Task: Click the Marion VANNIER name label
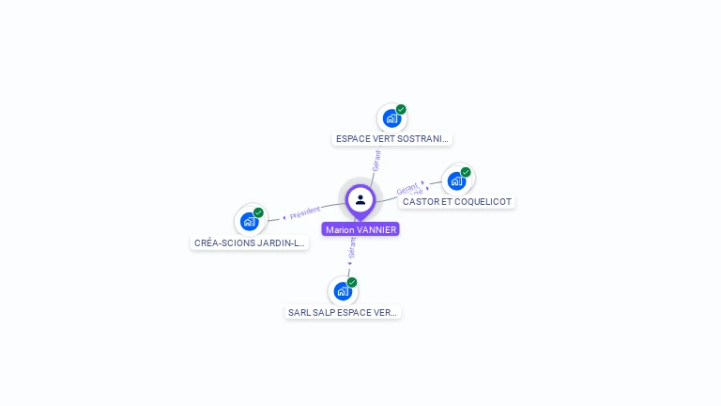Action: tap(360, 229)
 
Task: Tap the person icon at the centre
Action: tap(360, 199)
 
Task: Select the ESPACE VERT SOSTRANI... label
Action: tap(392, 139)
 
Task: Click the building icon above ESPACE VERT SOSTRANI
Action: tap(391, 118)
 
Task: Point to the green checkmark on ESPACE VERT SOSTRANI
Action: tap(401, 110)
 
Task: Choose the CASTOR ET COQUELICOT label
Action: tap(458, 201)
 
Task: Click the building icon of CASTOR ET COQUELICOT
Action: tap(456, 180)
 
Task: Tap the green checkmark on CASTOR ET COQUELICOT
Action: tap(466, 172)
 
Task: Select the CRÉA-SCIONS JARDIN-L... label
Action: tap(249, 242)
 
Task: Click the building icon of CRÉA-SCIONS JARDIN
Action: tap(249, 221)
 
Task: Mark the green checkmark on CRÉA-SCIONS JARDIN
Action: tap(258, 212)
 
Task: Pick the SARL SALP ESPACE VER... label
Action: tap(344, 312)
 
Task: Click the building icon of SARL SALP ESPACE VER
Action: tap(343, 290)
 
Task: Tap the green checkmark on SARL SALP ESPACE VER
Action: tap(352, 282)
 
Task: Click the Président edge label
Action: tap(304, 213)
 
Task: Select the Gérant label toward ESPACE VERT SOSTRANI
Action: tap(376, 160)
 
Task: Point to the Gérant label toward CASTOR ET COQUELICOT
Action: tap(407, 189)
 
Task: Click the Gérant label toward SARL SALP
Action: tap(352, 248)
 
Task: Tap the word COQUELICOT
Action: tap(484, 201)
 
